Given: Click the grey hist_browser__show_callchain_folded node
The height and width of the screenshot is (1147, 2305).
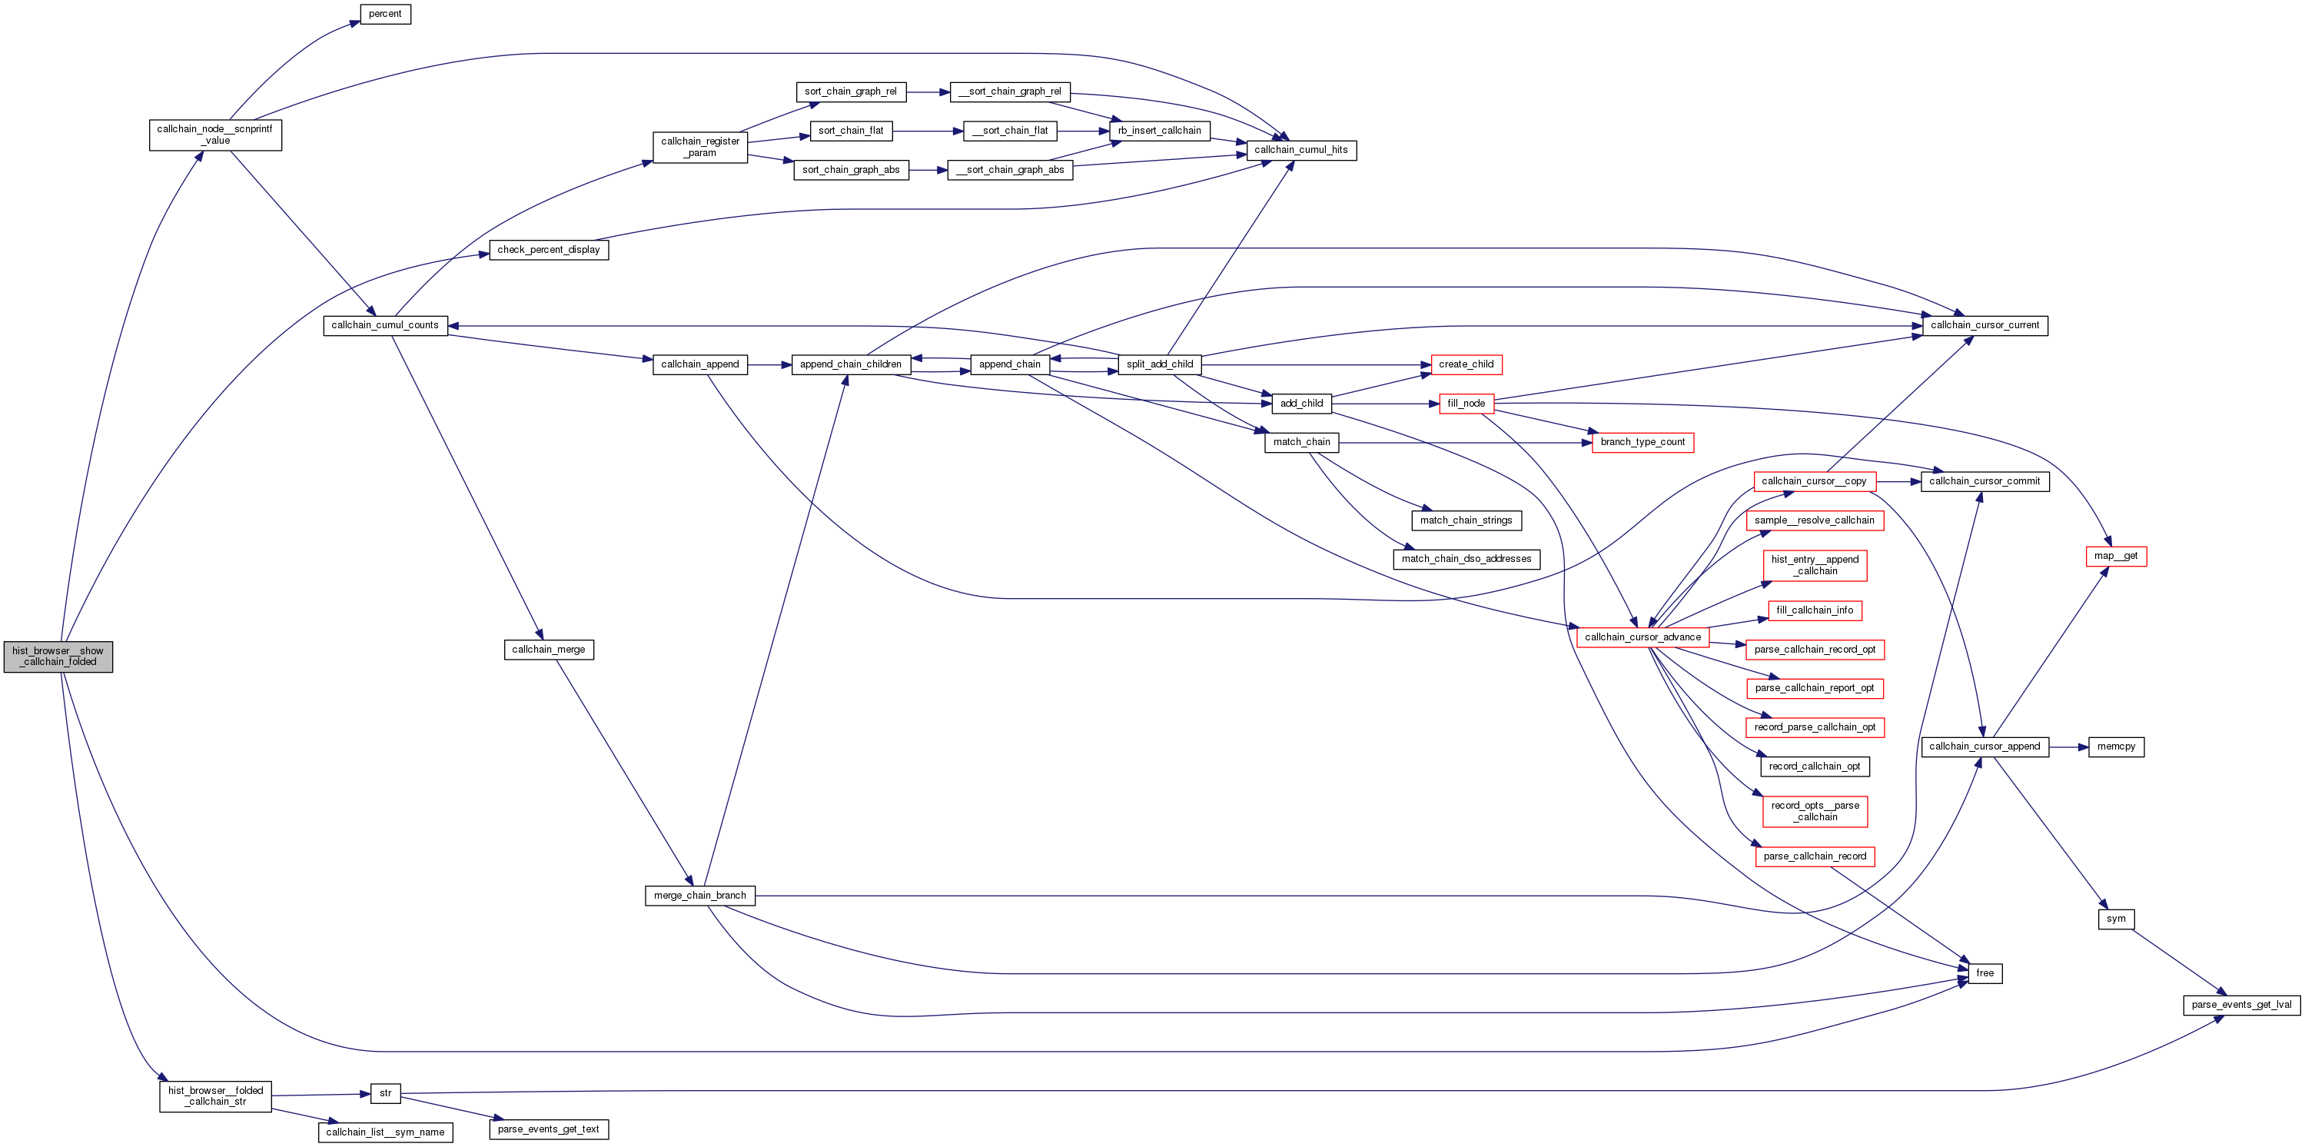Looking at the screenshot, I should [58, 657].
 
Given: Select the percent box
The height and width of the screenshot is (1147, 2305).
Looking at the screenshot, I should [385, 15].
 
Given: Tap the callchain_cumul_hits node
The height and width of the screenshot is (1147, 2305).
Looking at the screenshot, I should [1301, 151].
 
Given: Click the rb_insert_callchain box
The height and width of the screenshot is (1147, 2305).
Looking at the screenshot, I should [1159, 131].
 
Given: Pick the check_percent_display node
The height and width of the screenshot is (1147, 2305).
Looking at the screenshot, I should [549, 250].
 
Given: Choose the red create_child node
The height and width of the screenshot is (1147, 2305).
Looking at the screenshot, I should [1466, 364].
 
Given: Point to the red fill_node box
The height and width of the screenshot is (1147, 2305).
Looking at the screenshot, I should [1466, 404].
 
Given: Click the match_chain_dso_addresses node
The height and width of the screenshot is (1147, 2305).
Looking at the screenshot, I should [1466, 559].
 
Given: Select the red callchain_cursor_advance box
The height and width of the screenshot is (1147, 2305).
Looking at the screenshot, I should [1642, 637].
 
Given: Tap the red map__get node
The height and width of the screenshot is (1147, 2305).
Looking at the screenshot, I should [2115, 556].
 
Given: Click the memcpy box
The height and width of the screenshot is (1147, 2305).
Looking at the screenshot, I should [2115, 746].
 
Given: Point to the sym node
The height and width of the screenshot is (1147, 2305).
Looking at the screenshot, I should [2115, 919].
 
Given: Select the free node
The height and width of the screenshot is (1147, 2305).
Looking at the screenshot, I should [1984, 972].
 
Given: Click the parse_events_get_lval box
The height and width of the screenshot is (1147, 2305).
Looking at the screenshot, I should [2240, 1005].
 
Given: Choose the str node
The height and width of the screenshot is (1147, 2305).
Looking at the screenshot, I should [386, 1093].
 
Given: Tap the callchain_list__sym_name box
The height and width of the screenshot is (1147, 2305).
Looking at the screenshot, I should [385, 1132].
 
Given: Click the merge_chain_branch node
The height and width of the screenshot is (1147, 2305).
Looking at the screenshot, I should [699, 896].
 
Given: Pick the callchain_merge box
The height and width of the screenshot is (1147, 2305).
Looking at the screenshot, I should [549, 650].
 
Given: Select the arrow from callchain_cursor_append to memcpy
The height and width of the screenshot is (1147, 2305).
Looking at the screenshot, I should [2069, 746].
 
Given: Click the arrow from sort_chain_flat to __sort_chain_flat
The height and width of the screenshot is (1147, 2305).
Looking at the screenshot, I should [927, 131].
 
